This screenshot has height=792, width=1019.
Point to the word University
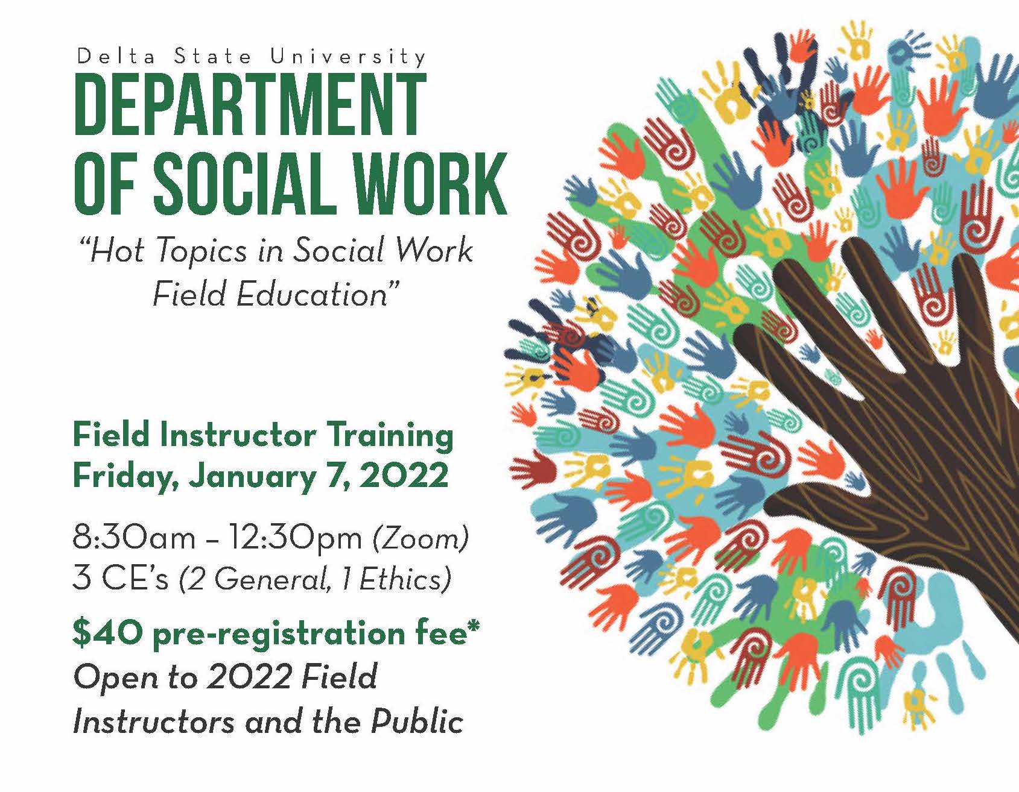348,57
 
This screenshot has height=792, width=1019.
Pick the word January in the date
252,477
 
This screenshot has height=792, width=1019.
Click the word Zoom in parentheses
421,538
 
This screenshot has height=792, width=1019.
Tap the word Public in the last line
417,721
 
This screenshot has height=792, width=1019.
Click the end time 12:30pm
295,537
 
